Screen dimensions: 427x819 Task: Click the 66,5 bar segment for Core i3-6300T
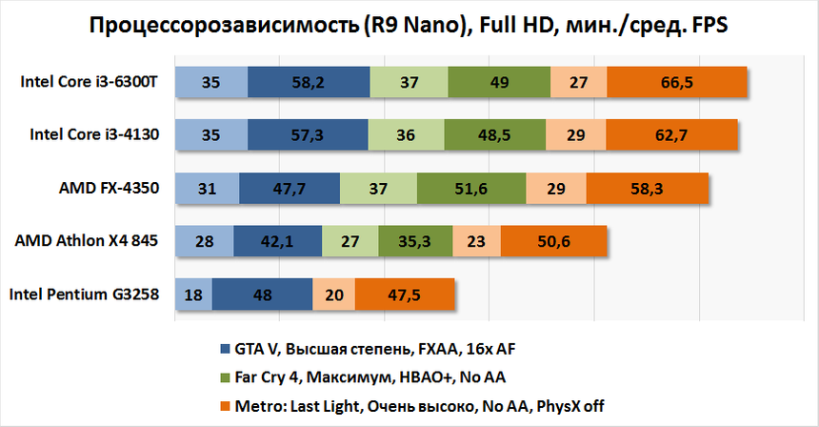(x=676, y=83)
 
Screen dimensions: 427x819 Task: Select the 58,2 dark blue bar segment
(x=309, y=83)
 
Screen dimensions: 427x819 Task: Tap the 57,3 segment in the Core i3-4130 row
(x=307, y=135)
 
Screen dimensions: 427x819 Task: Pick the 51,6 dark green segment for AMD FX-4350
(x=470, y=189)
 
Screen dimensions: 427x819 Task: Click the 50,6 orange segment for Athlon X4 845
(x=555, y=241)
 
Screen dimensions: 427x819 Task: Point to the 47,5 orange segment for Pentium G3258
(x=405, y=295)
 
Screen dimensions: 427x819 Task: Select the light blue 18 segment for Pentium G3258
(x=193, y=295)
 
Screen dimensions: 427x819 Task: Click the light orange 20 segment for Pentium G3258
(x=333, y=295)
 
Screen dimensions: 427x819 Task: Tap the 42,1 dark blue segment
(x=277, y=241)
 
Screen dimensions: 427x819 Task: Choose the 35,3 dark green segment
(x=415, y=241)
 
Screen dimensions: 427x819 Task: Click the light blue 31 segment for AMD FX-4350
(x=206, y=189)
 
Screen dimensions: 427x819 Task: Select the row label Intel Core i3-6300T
(x=89, y=82)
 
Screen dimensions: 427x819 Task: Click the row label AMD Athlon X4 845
(x=87, y=241)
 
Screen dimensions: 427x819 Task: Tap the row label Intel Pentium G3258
(x=84, y=295)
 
